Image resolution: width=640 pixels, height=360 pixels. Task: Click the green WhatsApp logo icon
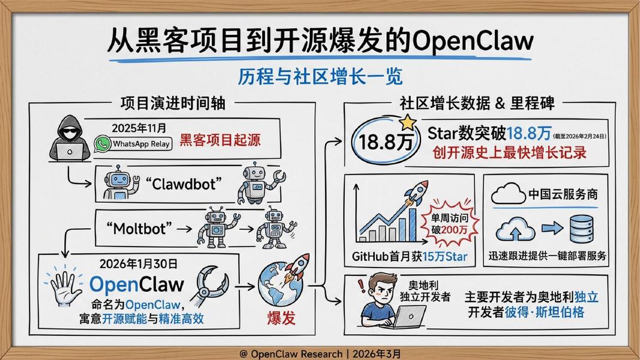[103, 143]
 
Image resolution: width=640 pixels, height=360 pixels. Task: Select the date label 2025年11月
[139, 128]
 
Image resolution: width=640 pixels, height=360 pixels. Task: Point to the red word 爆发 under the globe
[281, 317]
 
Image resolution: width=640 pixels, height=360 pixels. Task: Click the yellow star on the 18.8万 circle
[407, 122]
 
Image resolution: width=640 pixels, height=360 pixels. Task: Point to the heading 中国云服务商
[563, 194]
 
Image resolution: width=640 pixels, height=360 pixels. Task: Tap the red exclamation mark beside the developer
[360, 285]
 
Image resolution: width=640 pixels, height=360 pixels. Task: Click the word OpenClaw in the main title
[473, 41]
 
